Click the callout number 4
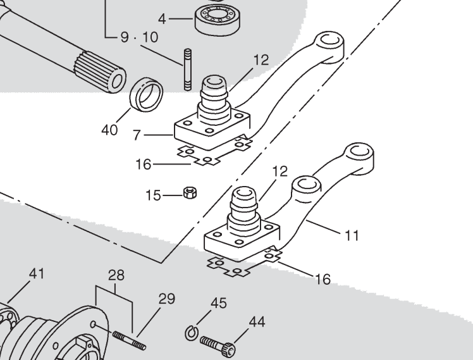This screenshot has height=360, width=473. (x=162, y=19)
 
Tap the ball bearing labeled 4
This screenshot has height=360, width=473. (x=217, y=20)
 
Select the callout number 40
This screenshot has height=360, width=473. (x=109, y=130)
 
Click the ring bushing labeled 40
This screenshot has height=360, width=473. (x=146, y=94)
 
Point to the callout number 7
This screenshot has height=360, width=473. (x=137, y=135)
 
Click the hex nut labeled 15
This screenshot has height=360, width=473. (x=190, y=192)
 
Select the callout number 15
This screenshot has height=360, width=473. (x=153, y=196)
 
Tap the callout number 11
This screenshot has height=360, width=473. (x=352, y=235)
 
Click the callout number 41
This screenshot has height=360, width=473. (x=37, y=273)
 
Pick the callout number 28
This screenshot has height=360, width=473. (x=116, y=275)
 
